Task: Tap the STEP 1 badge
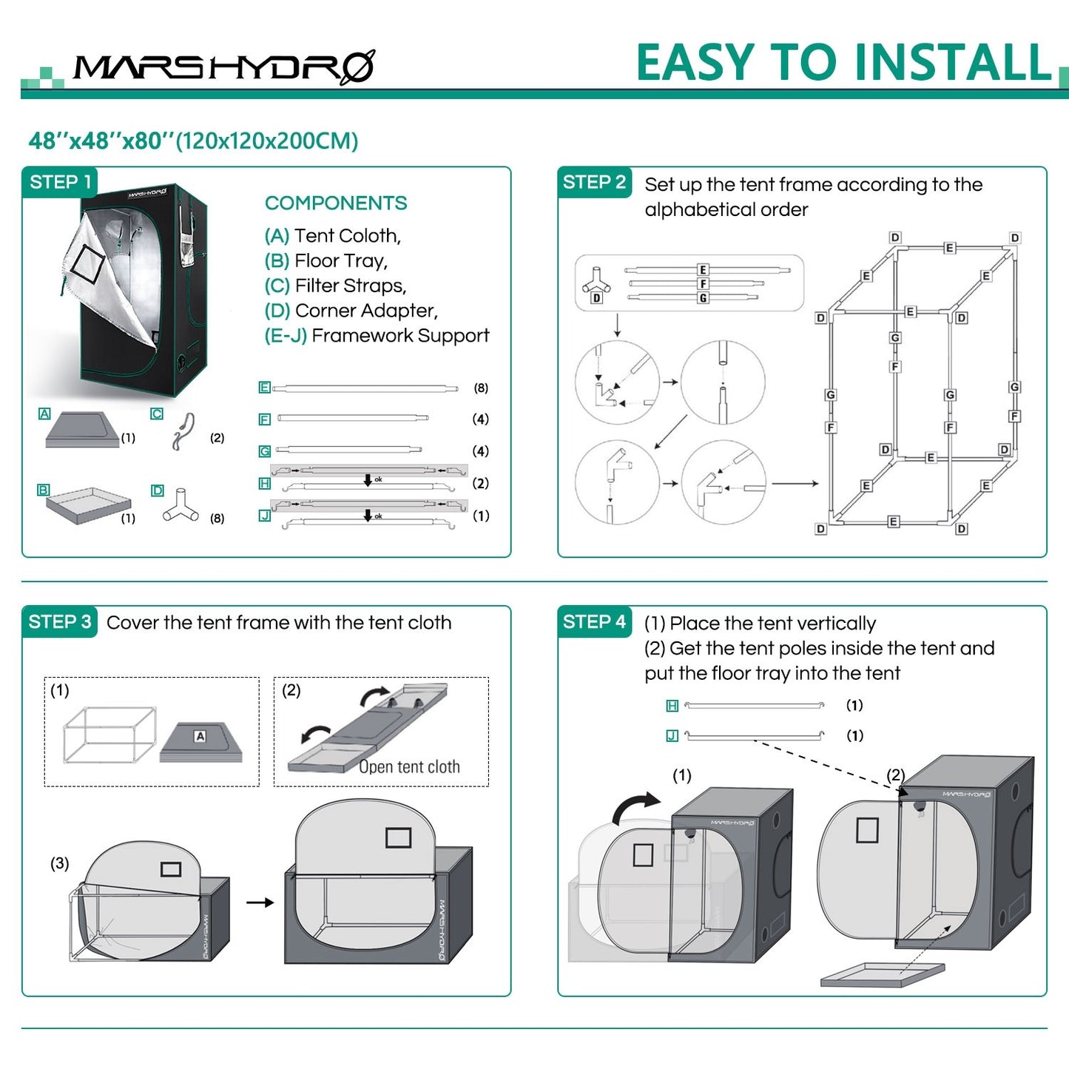60,182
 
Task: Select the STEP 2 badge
594,182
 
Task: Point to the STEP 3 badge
60,621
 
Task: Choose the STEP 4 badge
594,621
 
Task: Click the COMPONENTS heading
336,203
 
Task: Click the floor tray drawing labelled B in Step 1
88,505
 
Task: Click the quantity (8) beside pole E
481,388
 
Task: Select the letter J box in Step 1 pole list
264,515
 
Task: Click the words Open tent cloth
409,767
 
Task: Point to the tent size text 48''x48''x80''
101,141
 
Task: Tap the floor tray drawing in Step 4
883,974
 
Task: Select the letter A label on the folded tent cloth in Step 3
200,736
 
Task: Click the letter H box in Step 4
672,706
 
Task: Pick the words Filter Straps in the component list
350,286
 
